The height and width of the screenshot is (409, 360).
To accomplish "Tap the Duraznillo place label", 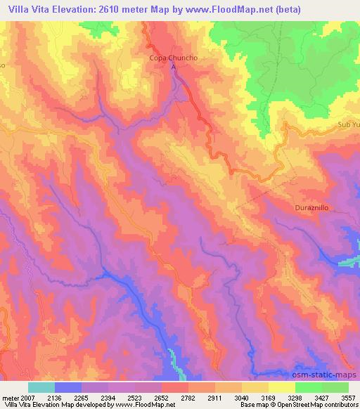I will [x=311, y=209].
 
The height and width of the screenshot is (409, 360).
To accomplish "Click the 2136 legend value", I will [x=68, y=396].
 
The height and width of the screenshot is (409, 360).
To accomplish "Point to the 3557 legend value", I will [x=346, y=396].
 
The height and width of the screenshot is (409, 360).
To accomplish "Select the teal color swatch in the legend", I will [x=41, y=387].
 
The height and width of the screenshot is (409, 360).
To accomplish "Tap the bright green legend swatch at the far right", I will [x=335, y=387].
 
